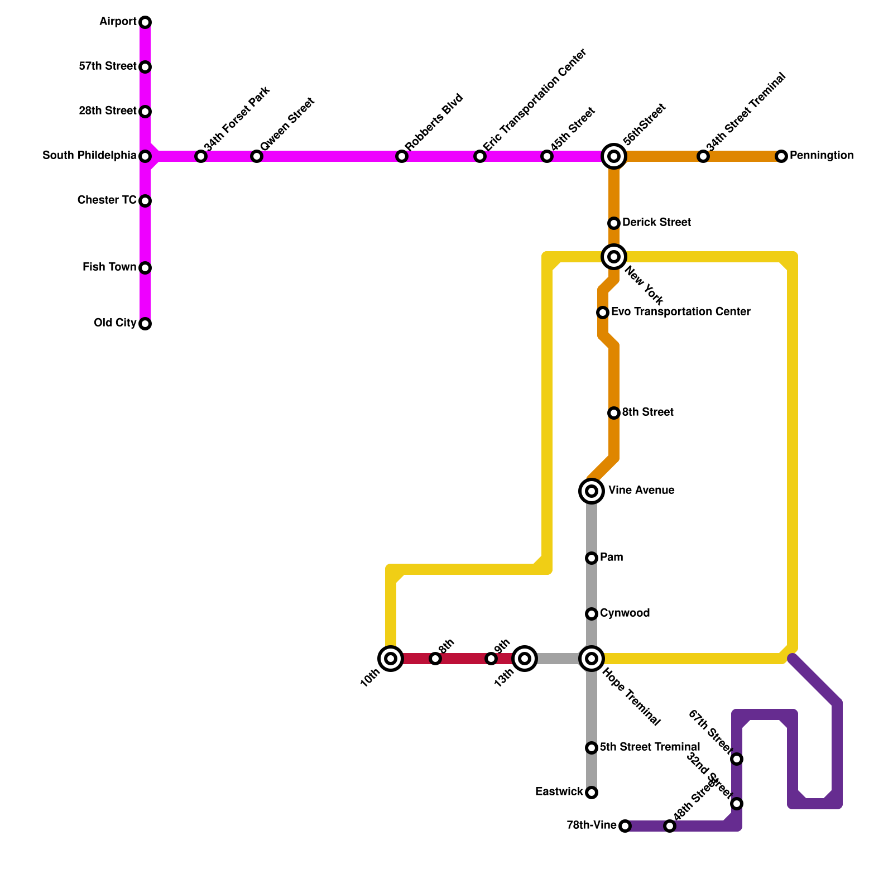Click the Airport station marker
(x=145, y=22)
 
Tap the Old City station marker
(x=145, y=324)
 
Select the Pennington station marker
(x=781, y=156)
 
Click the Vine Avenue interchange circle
(x=592, y=491)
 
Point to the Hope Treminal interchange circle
(x=592, y=659)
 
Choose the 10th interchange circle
(x=391, y=659)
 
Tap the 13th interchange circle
(x=525, y=659)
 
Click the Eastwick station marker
(x=592, y=793)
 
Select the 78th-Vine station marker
(x=625, y=826)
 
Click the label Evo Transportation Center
(x=680, y=311)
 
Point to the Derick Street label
(x=656, y=223)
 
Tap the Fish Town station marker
(x=145, y=268)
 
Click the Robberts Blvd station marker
(x=402, y=156)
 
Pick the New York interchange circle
(x=614, y=257)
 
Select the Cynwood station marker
(x=592, y=614)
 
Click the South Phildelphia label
(x=89, y=156)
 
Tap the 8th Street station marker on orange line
(x=614, y=413)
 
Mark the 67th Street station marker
(x=737, y=759)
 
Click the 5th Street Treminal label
(x=650, y=747)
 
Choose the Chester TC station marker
(x=145, y=201)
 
